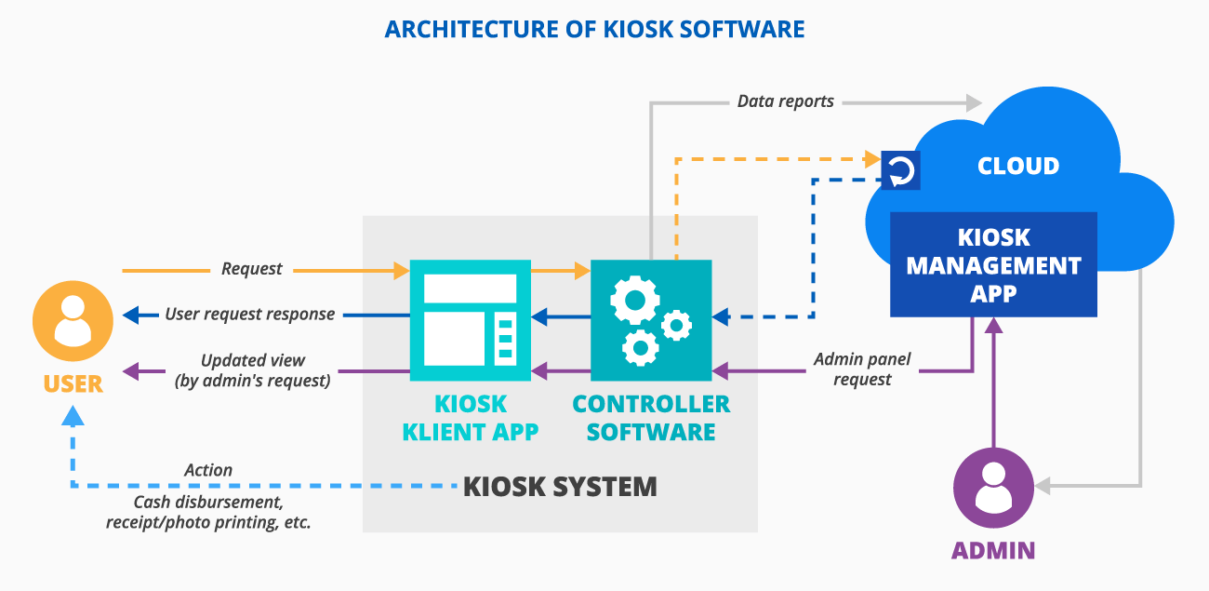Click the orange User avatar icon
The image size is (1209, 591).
pyautogui.click(x=73, y=321)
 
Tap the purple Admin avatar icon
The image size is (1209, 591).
pyautogui.click(x=994, y=489)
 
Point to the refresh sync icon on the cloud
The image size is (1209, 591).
pyautogui.click(x=900, y=170)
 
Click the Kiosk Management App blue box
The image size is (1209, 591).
pyautogui.click(x=993, y=265)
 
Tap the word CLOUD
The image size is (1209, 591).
pyautogui.click(x=1018, y=167)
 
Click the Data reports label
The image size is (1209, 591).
pyautogui.click(x=785, y=101)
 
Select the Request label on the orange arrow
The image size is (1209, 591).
pyautogui.click(x=251, y=269)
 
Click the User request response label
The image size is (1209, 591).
pyautogui.click(x=249, y=315)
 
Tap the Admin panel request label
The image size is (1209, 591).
pyautogui.click(x=862, y=369)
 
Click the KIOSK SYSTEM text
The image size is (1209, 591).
pyautogui.click(x=560, y=486)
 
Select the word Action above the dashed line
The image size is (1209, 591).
pyautogui.click(x=208, y=470)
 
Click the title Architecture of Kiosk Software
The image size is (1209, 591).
pyautogui.click(x=595, y=29)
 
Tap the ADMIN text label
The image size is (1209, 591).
pyautogui.click(x=993, y=550)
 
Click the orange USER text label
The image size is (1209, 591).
pyautogui.click(x=73, y=384)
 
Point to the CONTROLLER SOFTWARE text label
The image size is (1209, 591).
pyautogui.click(x=651, y=418)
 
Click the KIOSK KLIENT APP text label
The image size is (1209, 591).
pyautogui.click(x=471, y=418)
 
